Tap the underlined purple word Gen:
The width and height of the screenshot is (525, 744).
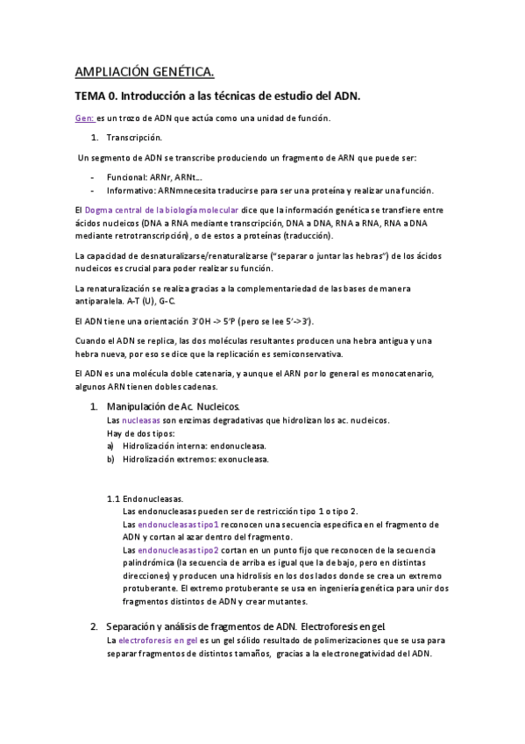tap(84, 118)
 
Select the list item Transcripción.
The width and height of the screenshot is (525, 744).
tap(133, 138)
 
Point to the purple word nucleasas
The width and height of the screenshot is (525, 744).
tap(135, 420)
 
